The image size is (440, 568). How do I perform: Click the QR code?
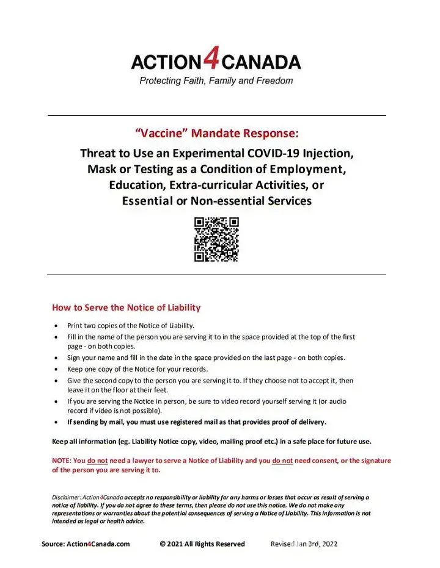tap(216, 239)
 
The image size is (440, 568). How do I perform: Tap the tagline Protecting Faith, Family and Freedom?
tap(216, 81)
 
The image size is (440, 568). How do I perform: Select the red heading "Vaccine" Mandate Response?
tap(216, 133)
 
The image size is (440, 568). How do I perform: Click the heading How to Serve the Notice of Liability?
tap(126, 307)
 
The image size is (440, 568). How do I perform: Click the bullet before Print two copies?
tap(57, 326)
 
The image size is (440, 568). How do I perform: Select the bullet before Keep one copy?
tap(57, 369)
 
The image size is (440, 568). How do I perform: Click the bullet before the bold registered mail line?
tap(57, 422)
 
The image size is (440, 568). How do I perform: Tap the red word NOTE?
tap(62, 461)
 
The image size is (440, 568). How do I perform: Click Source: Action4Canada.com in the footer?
tap(86, 544)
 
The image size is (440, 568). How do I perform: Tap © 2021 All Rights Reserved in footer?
tap(202, 544)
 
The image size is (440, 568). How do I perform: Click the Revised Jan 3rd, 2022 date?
tap(304, 544)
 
